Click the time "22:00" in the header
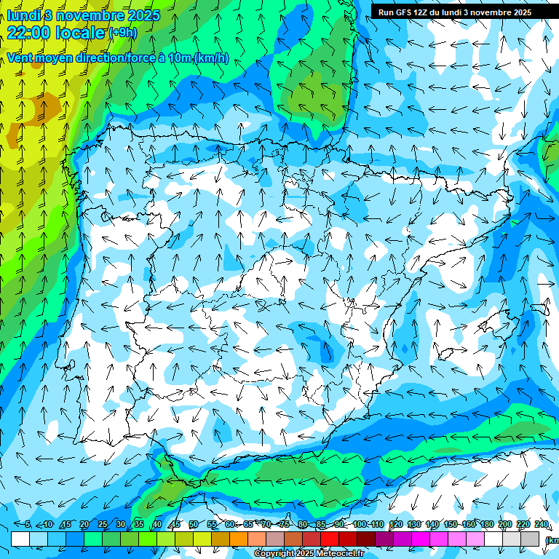pyautogui.click(x=31, y=32)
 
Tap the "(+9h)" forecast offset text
pyautogui.click(x=122, y=32)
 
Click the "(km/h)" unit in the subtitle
pyautogui.click(x=211, y=58)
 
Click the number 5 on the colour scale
pyautogui.click(x=28, y=524)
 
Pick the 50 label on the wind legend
pyautogui.click(x=193, y=524)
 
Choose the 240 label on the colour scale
pyautogui.click(x=542, y=524)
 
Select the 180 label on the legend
pyautogui.click(x=486, y=524)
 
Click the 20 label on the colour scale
pyautogui.click(x=84, y=524)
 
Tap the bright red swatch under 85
pyautogui.click(x=330, y=539)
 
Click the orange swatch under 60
pyautogui.click(x=239, y=539)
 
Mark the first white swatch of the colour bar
pyautogui.click(x=20, y=539)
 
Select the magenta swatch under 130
pyautogui.click(x=421, y=539)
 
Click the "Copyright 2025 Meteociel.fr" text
pyautogui.click(x=309, y=554)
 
